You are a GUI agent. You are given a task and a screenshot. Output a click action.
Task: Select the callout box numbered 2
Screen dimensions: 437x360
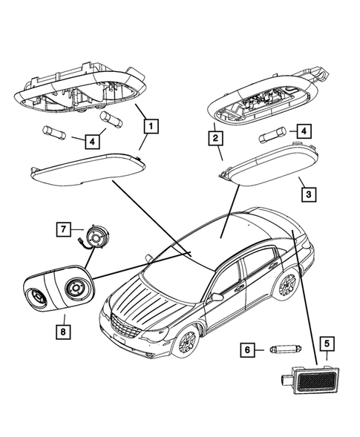[x=215, y=137]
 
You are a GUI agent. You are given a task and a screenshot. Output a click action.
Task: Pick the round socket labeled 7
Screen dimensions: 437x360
[x=95, y=238]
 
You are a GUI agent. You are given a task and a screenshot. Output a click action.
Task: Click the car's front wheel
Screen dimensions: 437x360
[x=186, y=342]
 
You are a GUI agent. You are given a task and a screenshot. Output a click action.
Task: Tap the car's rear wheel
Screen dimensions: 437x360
[x=286, y=283]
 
